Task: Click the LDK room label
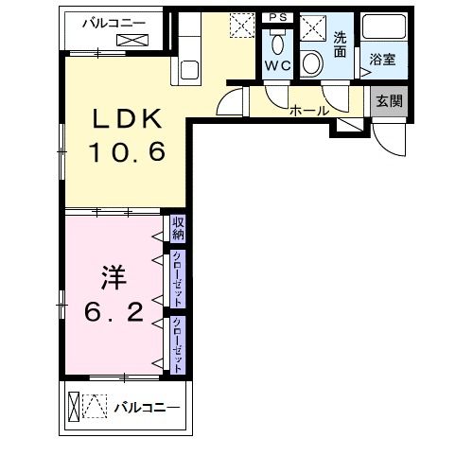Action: pos(127,118)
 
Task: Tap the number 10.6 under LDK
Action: pos(128,151)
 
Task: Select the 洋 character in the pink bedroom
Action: pos(114,278)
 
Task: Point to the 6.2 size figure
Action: pos(114,311)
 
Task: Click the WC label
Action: pos(278,66)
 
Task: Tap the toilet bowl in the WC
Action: pos(278,44)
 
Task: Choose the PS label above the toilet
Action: pos(278,17)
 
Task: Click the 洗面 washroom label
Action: pos(340,44)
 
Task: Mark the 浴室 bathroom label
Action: pos(382,60)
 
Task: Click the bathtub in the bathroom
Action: pos(384,26)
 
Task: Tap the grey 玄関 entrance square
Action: pos(389,101)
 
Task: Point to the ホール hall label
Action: pos(309,111)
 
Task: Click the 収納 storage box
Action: pos(178,229)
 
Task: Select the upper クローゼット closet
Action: pos(178,279)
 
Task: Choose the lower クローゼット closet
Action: pos(178,345)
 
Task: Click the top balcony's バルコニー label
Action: pos(114,23)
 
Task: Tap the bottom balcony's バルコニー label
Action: pos(147,408)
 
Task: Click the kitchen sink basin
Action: pos(189,70)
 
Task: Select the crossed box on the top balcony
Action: pos(132,40)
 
